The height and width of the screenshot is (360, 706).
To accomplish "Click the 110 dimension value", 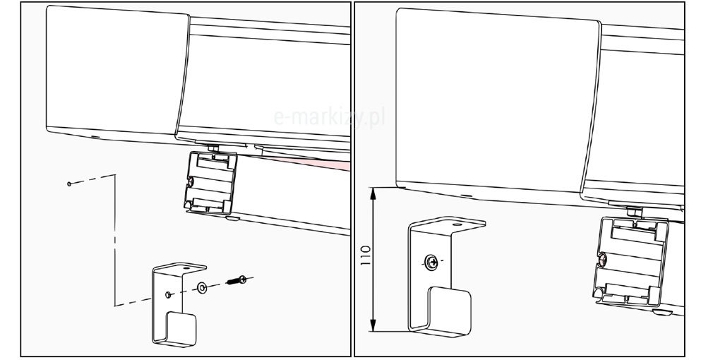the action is point(366,255).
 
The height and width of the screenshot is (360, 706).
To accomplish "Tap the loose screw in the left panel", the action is point(237,281).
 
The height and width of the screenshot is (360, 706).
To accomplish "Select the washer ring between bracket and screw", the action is point(202,287).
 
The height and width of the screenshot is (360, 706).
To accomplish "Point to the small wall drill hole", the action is point(69,184).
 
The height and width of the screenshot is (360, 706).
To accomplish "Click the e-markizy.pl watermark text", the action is point(329,117).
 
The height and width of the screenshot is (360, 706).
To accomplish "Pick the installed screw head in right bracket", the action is point(431,262).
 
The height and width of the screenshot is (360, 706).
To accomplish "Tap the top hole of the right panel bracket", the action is point(457,224).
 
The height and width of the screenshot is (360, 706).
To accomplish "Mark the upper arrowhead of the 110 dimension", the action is point(373,192).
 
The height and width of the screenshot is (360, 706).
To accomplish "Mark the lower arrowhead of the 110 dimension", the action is point(373,326).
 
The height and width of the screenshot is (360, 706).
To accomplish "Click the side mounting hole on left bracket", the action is point(167,294).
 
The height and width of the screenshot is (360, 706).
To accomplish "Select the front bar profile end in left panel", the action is point(210,182).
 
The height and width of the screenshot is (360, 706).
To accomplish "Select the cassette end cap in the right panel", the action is point(498,104).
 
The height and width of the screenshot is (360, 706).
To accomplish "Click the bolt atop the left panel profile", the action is point(213,148).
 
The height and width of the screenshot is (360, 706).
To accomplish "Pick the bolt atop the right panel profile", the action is point(635,210).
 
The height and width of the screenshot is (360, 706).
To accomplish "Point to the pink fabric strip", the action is point(315,162).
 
